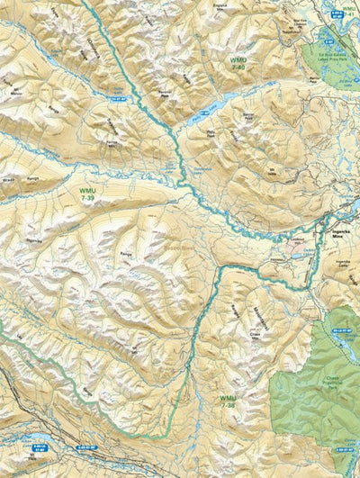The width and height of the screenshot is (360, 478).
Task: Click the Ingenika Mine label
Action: pyautogui.click(x=346, y=231)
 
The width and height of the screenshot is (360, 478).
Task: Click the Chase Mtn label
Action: pyautogui.click(x=255, y=334)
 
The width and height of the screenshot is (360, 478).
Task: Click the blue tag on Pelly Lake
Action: pyautogui.click(x=203, y=113)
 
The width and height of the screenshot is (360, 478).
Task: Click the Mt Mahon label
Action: pyautogui.click(x=14, y=91)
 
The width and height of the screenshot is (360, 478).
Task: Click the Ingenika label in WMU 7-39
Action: pyautogui.click(x=34, y=241)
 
